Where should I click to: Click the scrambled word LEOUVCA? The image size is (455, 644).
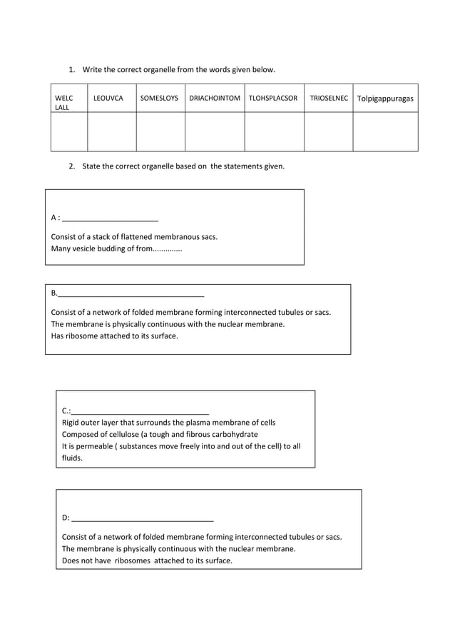[x=108, y=99]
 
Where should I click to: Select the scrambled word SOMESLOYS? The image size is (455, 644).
[x=159, y=99]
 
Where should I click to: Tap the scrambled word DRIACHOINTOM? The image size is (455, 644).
[x=215, y=99]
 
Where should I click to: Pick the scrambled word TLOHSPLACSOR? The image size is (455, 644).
[x=273, y=99]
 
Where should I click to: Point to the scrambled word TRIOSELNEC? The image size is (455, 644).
[x=329, y=99]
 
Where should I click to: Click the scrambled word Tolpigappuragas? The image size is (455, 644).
[x=385, y=99]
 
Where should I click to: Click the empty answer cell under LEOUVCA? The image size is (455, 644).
[x=111, y=131]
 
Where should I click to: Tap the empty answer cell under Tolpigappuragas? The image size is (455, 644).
[x=385, y=131]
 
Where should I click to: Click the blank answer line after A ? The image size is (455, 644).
[x=111, y=219]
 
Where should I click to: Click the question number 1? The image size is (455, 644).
[x=71, y=69]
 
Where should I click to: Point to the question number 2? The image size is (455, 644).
[x=71, y=166]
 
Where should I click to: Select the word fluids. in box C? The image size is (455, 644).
[x=72, y=458]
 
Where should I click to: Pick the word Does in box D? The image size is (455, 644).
[x=71, y=560]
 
